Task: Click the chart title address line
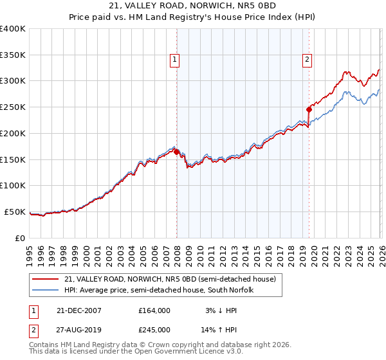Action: (193, 6)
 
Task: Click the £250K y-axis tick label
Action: (13, 107)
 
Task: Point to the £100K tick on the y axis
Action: (13, 185)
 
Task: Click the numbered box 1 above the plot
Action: (174, 60)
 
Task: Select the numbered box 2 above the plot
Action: (307, 60)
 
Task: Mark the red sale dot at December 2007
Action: (177, 152)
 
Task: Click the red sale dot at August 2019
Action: (309, 109)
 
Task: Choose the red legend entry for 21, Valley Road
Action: (170, 279)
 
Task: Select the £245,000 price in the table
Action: (154, 330)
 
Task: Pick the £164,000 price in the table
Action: (154, 310)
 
